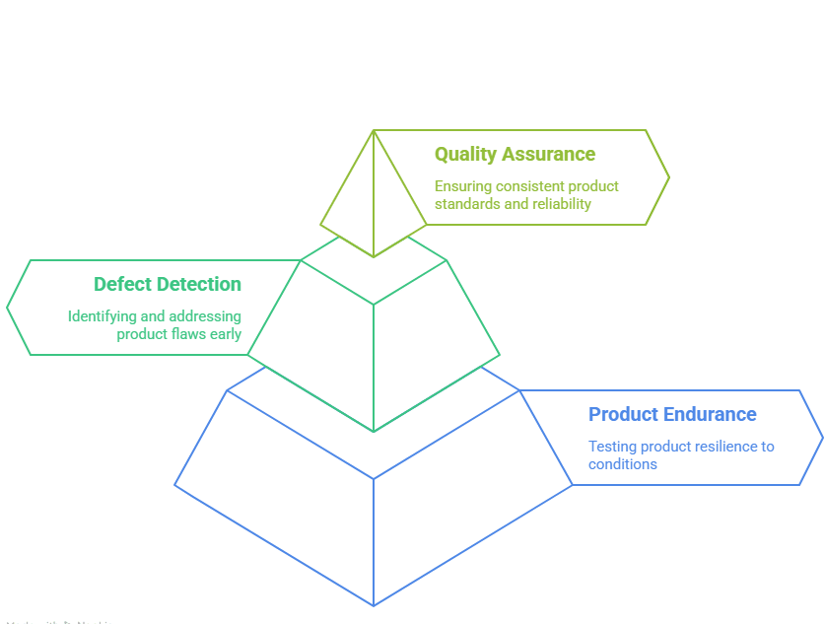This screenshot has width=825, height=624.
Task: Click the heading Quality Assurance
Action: coord(515,155)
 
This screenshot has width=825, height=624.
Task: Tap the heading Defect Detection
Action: coord(168,285)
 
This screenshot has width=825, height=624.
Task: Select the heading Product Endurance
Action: coord(672,415)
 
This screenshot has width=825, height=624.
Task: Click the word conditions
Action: coord(623,464)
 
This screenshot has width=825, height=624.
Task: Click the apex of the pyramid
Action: coord(373,130)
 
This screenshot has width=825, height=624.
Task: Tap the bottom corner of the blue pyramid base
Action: coord(374,605)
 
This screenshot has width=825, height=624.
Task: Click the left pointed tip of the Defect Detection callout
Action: coord(8,308)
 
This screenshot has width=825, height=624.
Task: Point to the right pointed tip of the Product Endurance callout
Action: coord(821,437)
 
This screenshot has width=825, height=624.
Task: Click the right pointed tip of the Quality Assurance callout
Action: coord(668,178)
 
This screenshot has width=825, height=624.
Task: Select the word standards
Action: coord(466,204)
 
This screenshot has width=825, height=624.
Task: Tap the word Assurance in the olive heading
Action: coord(547,155)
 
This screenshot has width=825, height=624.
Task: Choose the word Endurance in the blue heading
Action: coord(710,415)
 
